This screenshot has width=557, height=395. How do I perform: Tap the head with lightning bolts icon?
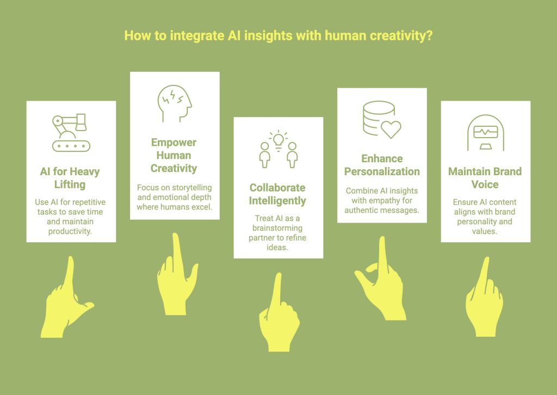(175, 103)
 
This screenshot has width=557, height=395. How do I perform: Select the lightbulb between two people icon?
(278, 149)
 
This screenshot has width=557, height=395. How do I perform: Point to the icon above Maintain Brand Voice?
(485, 133)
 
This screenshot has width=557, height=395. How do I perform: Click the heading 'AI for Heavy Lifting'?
(70, 178)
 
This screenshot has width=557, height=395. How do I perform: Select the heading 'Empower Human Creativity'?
(174, 155)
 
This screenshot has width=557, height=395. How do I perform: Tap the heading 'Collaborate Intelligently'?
(278, 194)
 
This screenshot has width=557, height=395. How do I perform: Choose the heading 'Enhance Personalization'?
(382, 165)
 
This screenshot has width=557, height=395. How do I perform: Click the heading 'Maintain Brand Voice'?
(485, 178)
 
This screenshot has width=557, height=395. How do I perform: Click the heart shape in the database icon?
(391, 129)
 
